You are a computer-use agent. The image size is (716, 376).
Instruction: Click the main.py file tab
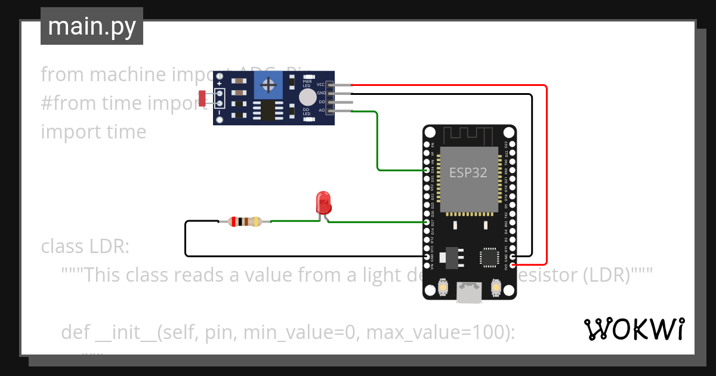coord(91,26)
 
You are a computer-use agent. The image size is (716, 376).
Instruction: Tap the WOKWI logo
coord(634,329)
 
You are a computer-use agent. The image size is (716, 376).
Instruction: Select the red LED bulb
coord(323,202)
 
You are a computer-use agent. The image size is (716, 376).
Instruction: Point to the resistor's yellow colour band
coord(257,222)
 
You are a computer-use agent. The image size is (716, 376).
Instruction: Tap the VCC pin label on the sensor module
coord(320,85)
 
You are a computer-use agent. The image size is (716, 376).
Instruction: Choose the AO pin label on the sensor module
coord(321,110)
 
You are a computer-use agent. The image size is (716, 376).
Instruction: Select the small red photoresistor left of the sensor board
coord(202,98)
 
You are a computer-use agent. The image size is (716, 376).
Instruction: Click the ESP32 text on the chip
coord(468,173)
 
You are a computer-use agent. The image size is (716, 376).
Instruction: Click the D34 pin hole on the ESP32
coord(427,170)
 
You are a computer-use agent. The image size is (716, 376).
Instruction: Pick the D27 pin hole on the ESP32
coord(427,222)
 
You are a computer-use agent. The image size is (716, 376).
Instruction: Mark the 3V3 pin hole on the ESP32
coord(513,264)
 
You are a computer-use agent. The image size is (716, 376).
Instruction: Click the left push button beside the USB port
coord(444,288)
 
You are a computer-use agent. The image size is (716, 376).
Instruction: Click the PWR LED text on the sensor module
coord(307,82)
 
